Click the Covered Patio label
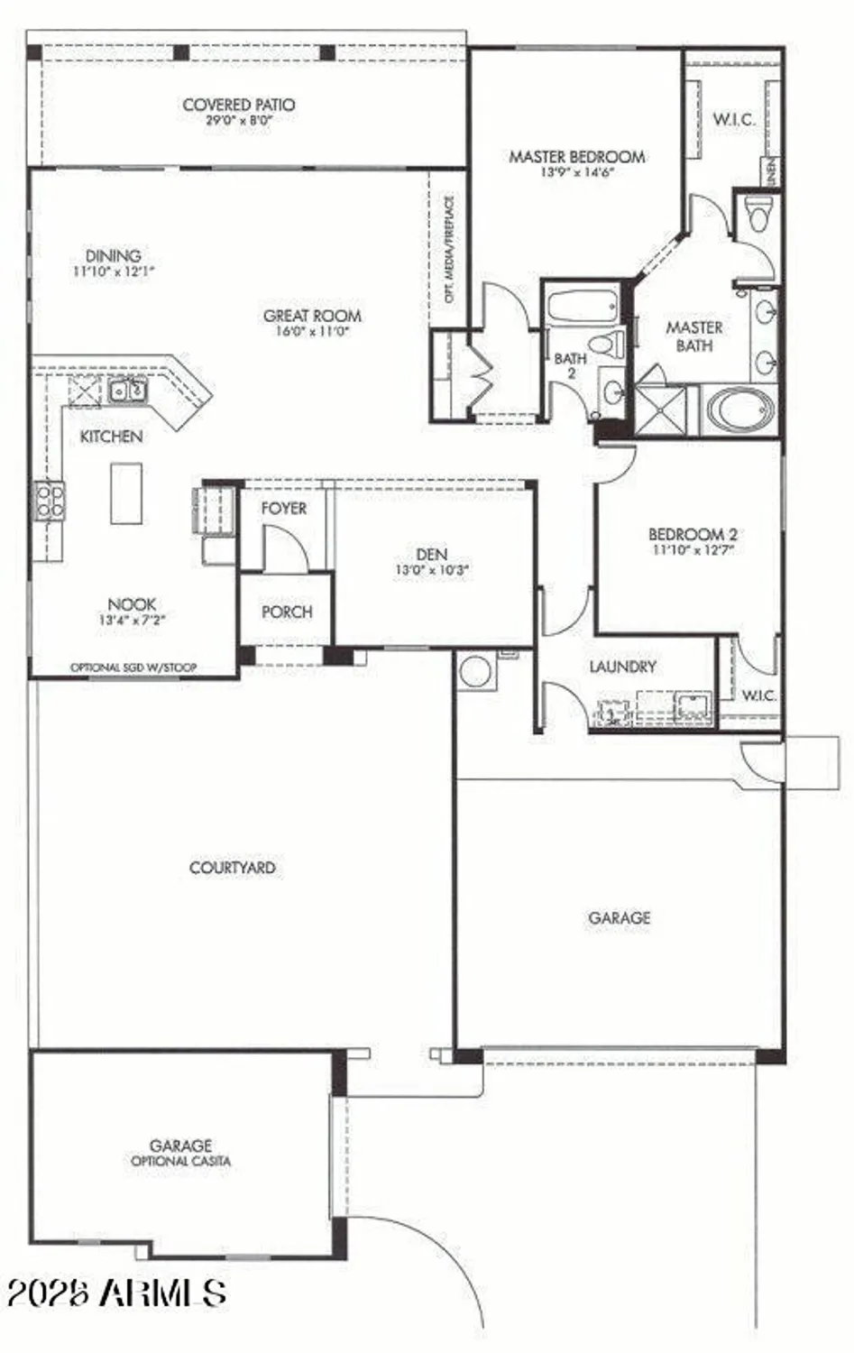coord(238,106)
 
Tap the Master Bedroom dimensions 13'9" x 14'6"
coord(576,172)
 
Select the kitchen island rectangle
coord(126,492)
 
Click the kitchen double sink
coord(127,391)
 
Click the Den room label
coord(432,555)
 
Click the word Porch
coord(287,612)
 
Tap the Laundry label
coord(622,667)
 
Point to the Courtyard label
coord(232,868)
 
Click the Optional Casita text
coord(180,1162)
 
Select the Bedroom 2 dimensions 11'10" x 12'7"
coord(693,549)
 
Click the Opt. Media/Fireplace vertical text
coord(449,249)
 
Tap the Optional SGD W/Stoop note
coord(133,667)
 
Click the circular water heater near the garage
coord(474,672)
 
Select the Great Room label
coord(312,316)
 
